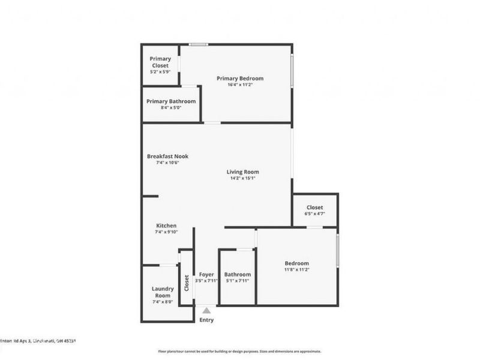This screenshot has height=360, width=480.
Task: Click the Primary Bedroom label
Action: tap(240, 79)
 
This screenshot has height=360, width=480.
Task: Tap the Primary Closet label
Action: tap(160, 62)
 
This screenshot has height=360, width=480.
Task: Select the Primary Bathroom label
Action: tap(171, 101)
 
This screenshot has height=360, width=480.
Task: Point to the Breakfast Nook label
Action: tap(168, 157)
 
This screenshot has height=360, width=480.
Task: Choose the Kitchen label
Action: tap(166, 226)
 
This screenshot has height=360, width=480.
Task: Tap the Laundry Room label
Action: tap(163, 292)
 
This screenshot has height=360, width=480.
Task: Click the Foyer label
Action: tap(206, 274)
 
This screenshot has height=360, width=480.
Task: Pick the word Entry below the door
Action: tap(206, 320)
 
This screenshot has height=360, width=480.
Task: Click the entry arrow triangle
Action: tap(206, 311)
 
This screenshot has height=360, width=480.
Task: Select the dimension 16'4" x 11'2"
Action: tap(240, 85)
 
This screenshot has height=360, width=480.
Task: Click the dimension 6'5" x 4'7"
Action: tap(315, 214)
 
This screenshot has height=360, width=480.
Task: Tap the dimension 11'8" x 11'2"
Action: tap(297, 270)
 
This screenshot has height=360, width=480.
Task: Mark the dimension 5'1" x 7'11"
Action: tap(237, 281)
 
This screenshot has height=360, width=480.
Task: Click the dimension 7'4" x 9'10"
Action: tap(166, 232)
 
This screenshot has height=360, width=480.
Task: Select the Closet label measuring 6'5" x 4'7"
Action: tap(315, 208)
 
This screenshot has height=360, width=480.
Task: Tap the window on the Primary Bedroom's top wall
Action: tap(199, 44)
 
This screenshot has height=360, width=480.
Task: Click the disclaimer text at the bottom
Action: tap(239, 352)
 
